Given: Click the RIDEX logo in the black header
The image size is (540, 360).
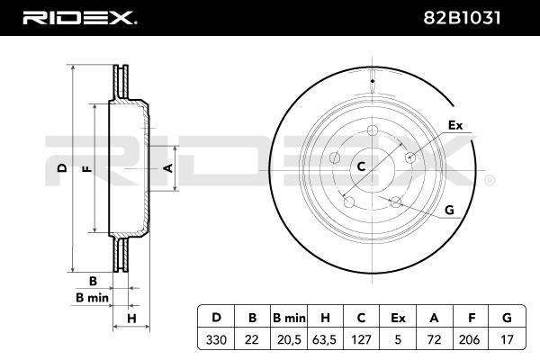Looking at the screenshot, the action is pyautogui.click(x=80, y=18).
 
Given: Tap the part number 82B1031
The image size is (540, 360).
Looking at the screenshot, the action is pyautogui.click(x=462, y=18).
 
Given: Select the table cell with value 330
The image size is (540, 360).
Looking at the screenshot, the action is pyautogui.click(x=216, y=339).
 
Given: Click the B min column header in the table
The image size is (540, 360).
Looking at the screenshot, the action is pyautogui.click(x=289, y=318).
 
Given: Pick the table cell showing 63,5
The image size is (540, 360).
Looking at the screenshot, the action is pyautogui.click(x=324, y=339).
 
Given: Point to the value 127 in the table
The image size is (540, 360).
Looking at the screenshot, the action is pyautogui.click(x=361, y=339).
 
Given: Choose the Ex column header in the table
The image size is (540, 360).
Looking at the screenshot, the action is pyautogui.click(x=398, y=318).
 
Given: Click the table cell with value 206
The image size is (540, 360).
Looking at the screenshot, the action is pyautogui.click(x=470, y=339).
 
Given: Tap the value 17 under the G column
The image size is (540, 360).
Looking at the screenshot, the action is pyautogui.click(x=507, y=339).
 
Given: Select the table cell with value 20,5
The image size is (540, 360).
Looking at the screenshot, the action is pyautogui.click(x=289, y=339).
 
